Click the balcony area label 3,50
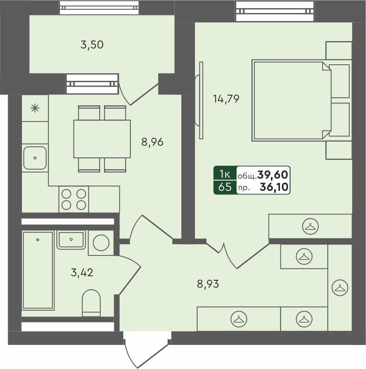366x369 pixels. point(92,45)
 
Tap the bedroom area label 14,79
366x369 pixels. point(226,98)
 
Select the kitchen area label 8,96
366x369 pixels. point(152,142)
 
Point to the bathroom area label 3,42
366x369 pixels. point(82,273)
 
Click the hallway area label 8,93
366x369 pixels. point(208,284)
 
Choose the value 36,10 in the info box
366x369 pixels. point(275,187)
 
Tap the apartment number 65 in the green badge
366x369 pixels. point(225,187)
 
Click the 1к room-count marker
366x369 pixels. point(225,175)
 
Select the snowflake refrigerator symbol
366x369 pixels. point(35,108)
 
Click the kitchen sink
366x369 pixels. point(35,158)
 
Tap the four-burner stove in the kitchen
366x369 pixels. point(74,199)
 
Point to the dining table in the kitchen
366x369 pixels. point(102,139)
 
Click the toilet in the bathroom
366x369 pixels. point(91,302)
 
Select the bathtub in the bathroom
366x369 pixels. point(38,270)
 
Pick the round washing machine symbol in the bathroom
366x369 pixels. point(101,243)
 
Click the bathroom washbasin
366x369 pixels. point(71,240)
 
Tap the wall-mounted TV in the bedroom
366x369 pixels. point(200,100)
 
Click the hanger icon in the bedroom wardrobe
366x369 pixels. point(310,227)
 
